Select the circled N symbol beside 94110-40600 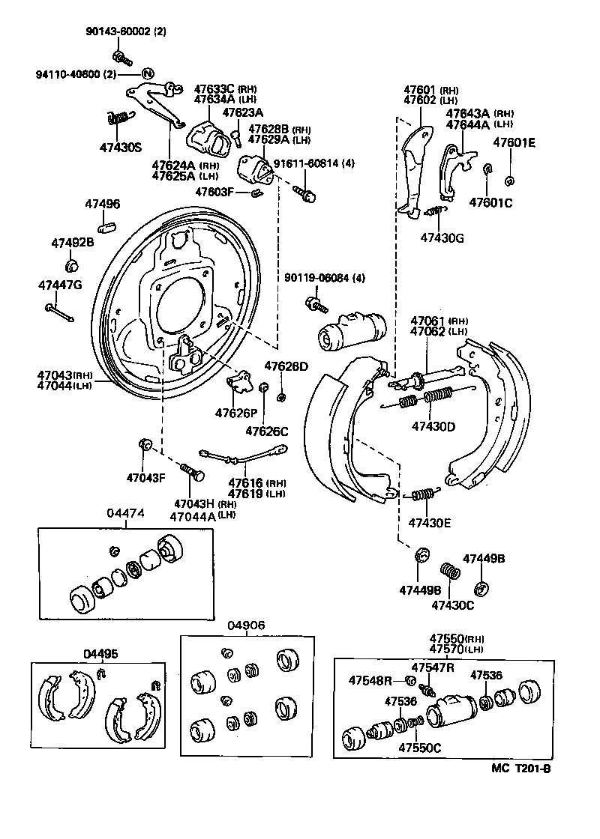coord(148,74)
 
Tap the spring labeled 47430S coord(118,118)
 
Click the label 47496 coord(101,205)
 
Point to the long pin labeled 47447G coord(58,312)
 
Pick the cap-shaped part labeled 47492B coord(73,265)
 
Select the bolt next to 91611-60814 coord(306,193)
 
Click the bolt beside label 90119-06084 coord(315,305)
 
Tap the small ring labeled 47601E coord(510,180)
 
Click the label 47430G coord(442,237)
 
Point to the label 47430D coord(433,427)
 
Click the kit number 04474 coord(125,513)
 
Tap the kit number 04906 coord(247,626)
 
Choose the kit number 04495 coord(100,653)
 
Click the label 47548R coord(370,680)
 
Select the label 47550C coord(419,747)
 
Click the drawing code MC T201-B coord(521,768)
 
